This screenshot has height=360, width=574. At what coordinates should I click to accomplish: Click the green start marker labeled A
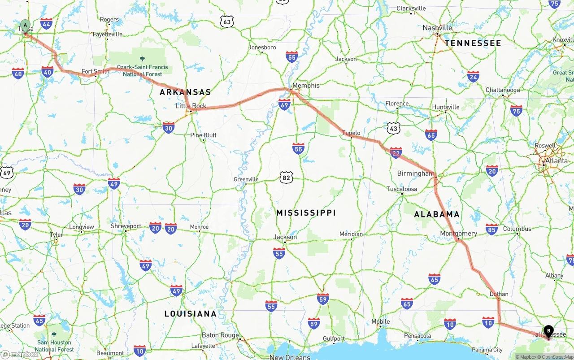pyautogui.click(x=25, y=25)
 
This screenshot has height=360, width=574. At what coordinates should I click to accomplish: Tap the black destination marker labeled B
pyautogui.click(x=548, y=331)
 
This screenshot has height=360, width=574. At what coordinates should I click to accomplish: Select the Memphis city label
pyautogui.click(x=306, y=86)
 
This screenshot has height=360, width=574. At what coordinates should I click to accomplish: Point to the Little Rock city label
pyautogui.click(x=191, y=106)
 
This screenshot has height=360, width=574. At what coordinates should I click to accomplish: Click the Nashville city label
pyautogui.click(x=437, y=28)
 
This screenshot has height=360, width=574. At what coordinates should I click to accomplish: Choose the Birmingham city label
pyautogui.click(x=415, y=173)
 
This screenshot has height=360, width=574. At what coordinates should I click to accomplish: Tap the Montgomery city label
pyautogui.click(x=458, y=234)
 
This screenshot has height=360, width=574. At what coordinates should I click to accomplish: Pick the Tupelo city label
pyautogui.click(x=351, y=133)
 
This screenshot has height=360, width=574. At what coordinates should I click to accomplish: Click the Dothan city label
pyautogui.click(x=499, y=294)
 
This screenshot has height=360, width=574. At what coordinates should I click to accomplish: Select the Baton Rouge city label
pyautogui.click(x=220, y=335)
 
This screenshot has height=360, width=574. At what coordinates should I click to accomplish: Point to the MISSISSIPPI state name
pyautogui.click(x=306, y=213)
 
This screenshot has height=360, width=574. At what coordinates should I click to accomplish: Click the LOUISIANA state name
pyautogui.click(x=191, y=314)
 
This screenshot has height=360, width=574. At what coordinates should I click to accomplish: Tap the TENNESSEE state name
pyautogui.click(x=473, y=43)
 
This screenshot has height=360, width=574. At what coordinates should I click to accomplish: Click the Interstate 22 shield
pyautogui.click(x=396, y=153)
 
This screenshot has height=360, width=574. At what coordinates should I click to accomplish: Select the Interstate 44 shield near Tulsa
pyautogui.click(x=46, y=23)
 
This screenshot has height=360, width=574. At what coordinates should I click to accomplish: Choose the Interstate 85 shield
pyautogui.click(x=491, y=229)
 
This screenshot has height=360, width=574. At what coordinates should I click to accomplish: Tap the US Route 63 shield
pyautogui.click(x=227, y=21)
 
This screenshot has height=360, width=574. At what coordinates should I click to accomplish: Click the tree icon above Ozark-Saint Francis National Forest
pyautogui.click(x=143, y=59)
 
